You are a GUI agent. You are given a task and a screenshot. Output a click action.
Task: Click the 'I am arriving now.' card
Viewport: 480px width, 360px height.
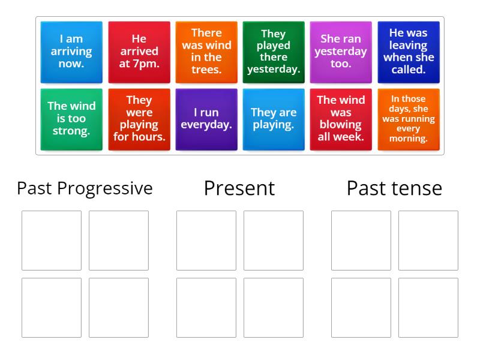pos(71,52)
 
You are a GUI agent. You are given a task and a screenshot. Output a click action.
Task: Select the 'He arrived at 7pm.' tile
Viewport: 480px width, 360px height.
pos(139,52)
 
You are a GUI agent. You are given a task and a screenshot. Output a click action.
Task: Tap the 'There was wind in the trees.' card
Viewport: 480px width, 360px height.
pos(206,52)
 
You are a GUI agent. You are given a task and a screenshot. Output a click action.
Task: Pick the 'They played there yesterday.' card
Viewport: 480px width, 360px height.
pos(274,52)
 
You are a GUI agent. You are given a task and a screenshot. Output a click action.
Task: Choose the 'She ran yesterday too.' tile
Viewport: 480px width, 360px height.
pos(341,52)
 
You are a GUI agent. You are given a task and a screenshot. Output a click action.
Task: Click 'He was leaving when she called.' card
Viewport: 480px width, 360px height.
pos(408,52)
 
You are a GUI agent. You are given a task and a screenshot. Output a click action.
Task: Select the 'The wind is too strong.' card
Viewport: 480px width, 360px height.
pos(71,119)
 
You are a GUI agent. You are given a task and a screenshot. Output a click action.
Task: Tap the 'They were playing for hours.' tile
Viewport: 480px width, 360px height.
pos(139,119)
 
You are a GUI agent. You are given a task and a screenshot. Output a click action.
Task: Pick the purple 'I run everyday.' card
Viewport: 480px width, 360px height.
pos(206,119)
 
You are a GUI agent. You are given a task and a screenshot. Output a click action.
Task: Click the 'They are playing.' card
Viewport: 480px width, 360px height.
pos(274,119)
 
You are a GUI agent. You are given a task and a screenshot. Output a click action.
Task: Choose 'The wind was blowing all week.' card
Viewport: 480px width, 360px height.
pos(341,119)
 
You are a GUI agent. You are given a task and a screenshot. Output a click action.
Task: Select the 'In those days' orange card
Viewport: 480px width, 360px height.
pos(408,119)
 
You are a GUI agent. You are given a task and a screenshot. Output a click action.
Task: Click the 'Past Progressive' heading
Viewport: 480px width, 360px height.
pos(85,188)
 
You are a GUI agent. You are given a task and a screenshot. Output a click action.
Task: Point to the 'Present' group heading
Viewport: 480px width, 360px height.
pos(239,188)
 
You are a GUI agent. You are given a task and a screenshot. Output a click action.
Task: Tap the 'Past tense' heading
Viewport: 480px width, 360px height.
pos(394,188)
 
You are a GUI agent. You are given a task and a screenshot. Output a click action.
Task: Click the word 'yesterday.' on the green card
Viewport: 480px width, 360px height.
pos(274,70)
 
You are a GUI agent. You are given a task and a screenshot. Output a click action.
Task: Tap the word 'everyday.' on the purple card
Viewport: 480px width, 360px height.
pos(206,125)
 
